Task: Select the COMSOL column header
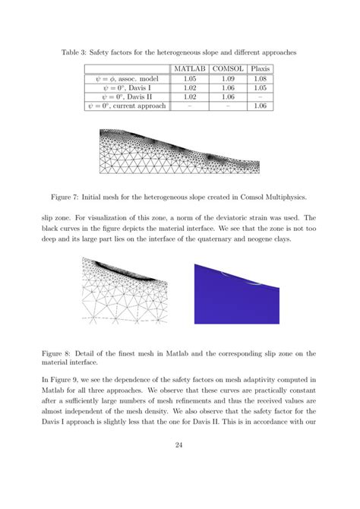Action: point(227,68)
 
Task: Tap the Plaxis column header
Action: point(261,68)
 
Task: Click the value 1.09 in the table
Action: point(227,78)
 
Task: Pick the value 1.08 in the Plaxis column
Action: point(261,78)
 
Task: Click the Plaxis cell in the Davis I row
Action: point(261,88)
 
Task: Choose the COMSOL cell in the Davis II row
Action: point(227,97)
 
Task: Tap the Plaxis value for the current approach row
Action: point(261,107)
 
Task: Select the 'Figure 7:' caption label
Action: point(80,197)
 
